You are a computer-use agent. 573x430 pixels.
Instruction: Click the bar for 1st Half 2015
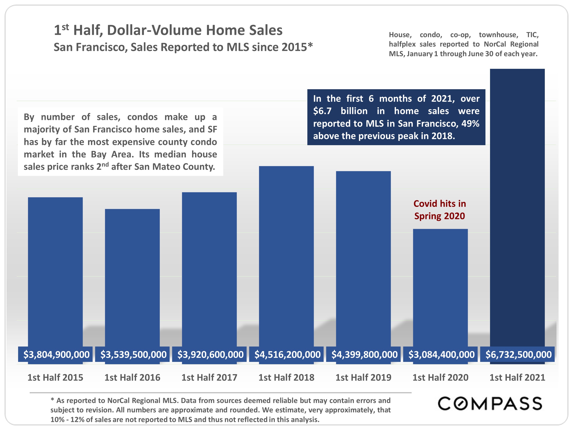(55, 272)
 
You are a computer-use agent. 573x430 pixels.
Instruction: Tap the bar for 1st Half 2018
(286, 257)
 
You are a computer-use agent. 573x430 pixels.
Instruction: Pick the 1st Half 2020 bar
(440, 288)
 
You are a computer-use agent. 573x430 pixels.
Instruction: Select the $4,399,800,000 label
(364, 354)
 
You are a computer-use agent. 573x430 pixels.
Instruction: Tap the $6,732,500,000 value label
(518, 354)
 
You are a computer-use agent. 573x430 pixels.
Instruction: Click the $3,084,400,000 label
(441, 354)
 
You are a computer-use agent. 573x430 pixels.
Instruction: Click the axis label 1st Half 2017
(209, 377)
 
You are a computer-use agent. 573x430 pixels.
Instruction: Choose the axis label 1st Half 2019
(363, 377)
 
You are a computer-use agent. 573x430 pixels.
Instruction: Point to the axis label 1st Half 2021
(517, 377)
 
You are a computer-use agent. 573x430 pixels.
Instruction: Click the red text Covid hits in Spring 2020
(440, 210)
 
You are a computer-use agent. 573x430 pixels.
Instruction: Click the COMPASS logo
(490, 404)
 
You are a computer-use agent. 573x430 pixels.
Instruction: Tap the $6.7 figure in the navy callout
(322, 111)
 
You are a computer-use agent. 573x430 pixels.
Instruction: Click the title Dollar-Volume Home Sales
(194, 30)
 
